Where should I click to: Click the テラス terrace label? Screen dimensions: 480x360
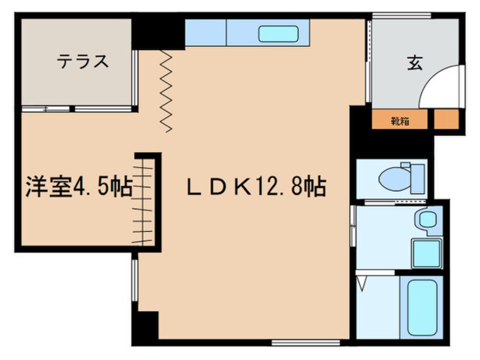(83, 61)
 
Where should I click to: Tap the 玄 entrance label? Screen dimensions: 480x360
(415, 63)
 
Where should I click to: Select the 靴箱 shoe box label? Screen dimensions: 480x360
(400, 122)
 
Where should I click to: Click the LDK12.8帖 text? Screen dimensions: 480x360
(256, 186)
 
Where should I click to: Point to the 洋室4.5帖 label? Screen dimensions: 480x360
(79, 187)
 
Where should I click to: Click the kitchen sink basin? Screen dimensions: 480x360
(278, 34)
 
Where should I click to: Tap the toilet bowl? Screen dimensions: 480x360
(394, 178)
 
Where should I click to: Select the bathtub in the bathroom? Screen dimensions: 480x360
(422, 308)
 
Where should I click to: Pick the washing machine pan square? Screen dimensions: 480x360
(427, 253)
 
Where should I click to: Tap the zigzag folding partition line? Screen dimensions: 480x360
(166, 91)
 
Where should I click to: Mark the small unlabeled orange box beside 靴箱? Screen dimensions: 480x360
(447, 119)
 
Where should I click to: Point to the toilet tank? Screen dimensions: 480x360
(418, 178)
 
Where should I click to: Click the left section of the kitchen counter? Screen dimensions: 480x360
(205, 32)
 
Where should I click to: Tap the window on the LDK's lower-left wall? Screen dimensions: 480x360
(134, 280)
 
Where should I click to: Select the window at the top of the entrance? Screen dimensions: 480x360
(401, 16)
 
